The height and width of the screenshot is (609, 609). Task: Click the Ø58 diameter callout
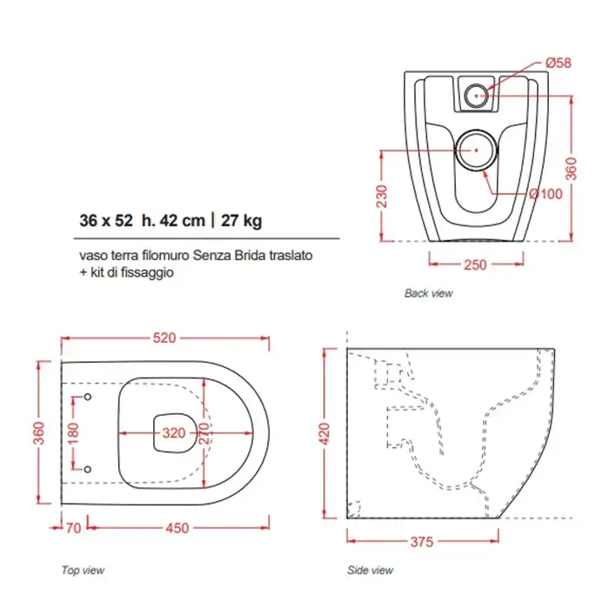(559, 63)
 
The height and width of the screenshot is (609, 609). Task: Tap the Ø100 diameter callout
(545, 194)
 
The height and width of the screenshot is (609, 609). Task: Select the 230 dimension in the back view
(382, 197)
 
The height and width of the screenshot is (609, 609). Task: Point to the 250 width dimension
(475, 264)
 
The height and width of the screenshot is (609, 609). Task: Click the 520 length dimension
(164, 338)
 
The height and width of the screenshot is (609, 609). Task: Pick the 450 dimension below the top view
(177, 528)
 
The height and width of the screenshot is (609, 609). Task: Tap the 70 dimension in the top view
(73, 528)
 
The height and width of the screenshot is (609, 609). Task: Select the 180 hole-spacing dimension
(73, 433)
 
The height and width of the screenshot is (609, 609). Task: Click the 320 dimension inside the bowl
(174, 433)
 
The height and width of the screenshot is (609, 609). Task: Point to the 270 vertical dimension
(204, 433)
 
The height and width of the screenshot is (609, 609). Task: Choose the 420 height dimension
(324, 433)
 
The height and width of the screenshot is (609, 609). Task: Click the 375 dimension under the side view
(422, 542)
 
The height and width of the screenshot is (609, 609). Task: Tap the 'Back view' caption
(428, 293)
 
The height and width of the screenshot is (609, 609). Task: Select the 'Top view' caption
(83, 570)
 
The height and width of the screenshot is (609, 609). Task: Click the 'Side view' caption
(370, 570)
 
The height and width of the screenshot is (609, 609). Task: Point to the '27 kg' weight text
(241, 221)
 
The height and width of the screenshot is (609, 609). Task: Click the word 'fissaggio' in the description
(147, 272)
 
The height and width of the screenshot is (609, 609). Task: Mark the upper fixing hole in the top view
(88, 397)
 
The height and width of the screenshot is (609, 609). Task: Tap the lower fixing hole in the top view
(88, 469)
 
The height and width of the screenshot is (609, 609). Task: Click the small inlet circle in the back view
(476, 96)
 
